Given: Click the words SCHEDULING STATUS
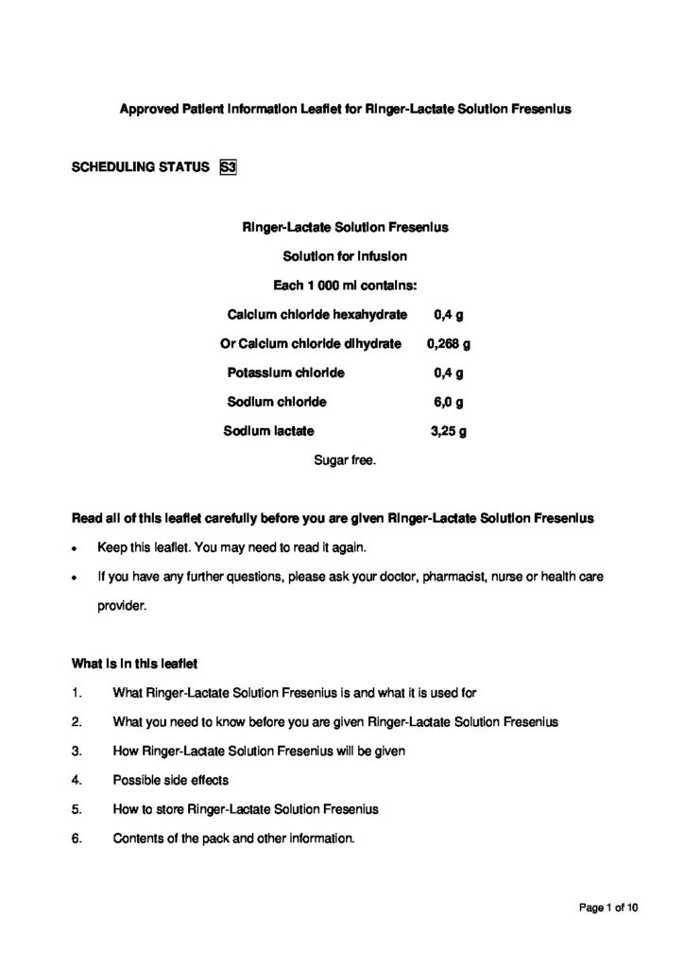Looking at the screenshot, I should [x=140, y=167].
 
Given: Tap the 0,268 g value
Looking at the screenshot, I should [x=449, y=343].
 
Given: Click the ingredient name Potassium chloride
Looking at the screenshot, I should [x=286, y=372].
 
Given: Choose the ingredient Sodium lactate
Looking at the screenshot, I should [x=268, y=431].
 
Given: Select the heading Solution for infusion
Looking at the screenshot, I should [x=345, y=255].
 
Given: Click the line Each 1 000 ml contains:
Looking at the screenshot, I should [x=345, y=285].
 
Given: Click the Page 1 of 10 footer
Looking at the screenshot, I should [x=609, y=908].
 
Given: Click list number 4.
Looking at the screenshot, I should [x=77, y=780].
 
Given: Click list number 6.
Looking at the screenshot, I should [x=77, y=838].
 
